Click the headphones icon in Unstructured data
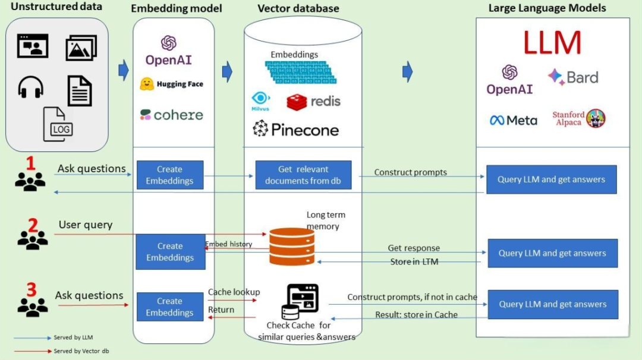[x=31, y=88]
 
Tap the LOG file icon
[x=58, y=124]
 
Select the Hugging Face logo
[x=172, y=84]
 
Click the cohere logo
[x=172, y=115]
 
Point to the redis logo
[x=314, y=102]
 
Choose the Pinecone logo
[x=295, y=129]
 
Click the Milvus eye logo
[x=260, y=100]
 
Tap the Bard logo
[x=573, y=77]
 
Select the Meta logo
[x=514, y=120]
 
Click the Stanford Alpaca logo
[x=578, y=119]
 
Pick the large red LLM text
[x=552, y=43]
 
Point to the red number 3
[x=32, y=289]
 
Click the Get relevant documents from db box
[x=303, y=175]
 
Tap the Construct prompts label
[x=411, y=172]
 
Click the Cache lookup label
[x=234, y=292]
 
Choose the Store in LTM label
[x=414, y=261]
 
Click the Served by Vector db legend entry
[x=81, y=351]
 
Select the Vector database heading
[x=298, y=8]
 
